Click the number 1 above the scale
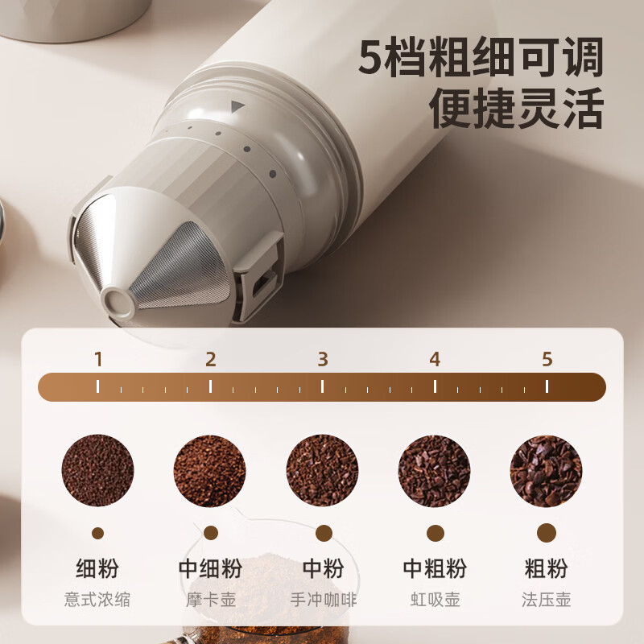(x=98, y=359)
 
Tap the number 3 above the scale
(x=323, y=359)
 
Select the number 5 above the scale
(x=547, y=359)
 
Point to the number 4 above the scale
(x=435, y=359)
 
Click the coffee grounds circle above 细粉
(x=97, y=470)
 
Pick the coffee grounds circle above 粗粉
(x=547, y=470)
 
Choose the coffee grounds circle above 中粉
(x=323, y=470)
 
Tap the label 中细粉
(x=210, y=568)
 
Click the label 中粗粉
(x=435, y=568)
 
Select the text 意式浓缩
(x=97, y=600)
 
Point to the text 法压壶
(x=547, y=600)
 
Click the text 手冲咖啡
(x=324, y=600)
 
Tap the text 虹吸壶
(x=435, y=600)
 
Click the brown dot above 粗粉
(x=547, y=533)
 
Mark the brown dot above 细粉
(x=97, y=534)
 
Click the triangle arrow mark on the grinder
(x=237, y=107)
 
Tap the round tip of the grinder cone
(x=118, y=303)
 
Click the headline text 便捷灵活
(x=517, y=108)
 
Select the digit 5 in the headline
(x=372, y=56)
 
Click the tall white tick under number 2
(x=210, y=386)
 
